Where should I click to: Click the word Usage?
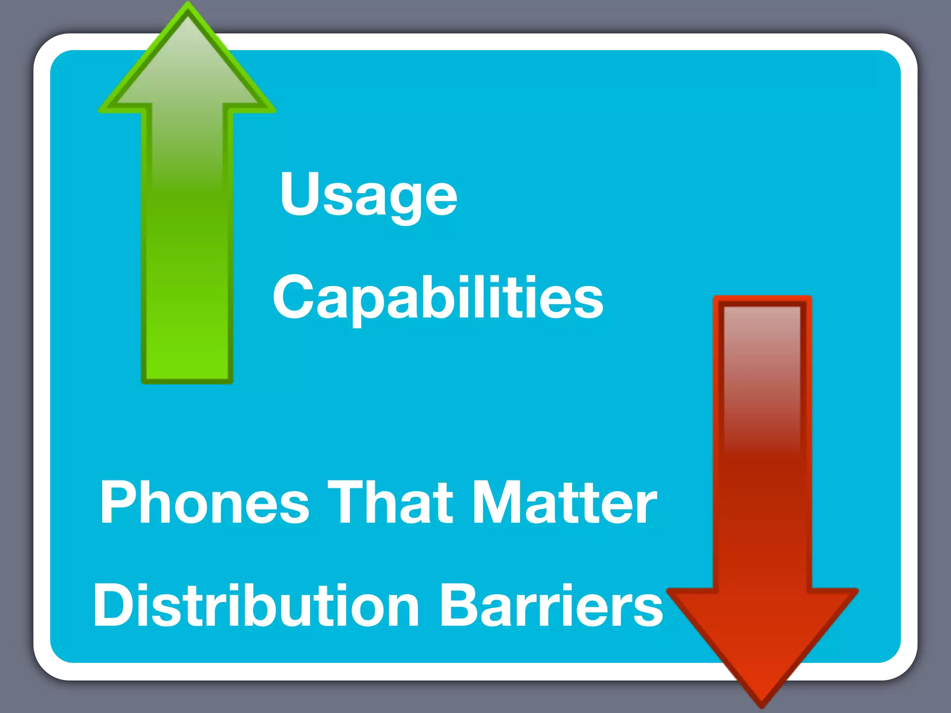(368, 195)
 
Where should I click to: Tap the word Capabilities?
(437, 298)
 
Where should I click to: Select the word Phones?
(204, 503)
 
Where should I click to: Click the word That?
(390, 503)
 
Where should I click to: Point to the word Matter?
(564, 503)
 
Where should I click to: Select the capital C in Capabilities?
(293, 297)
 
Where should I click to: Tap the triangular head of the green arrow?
(187, 70)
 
